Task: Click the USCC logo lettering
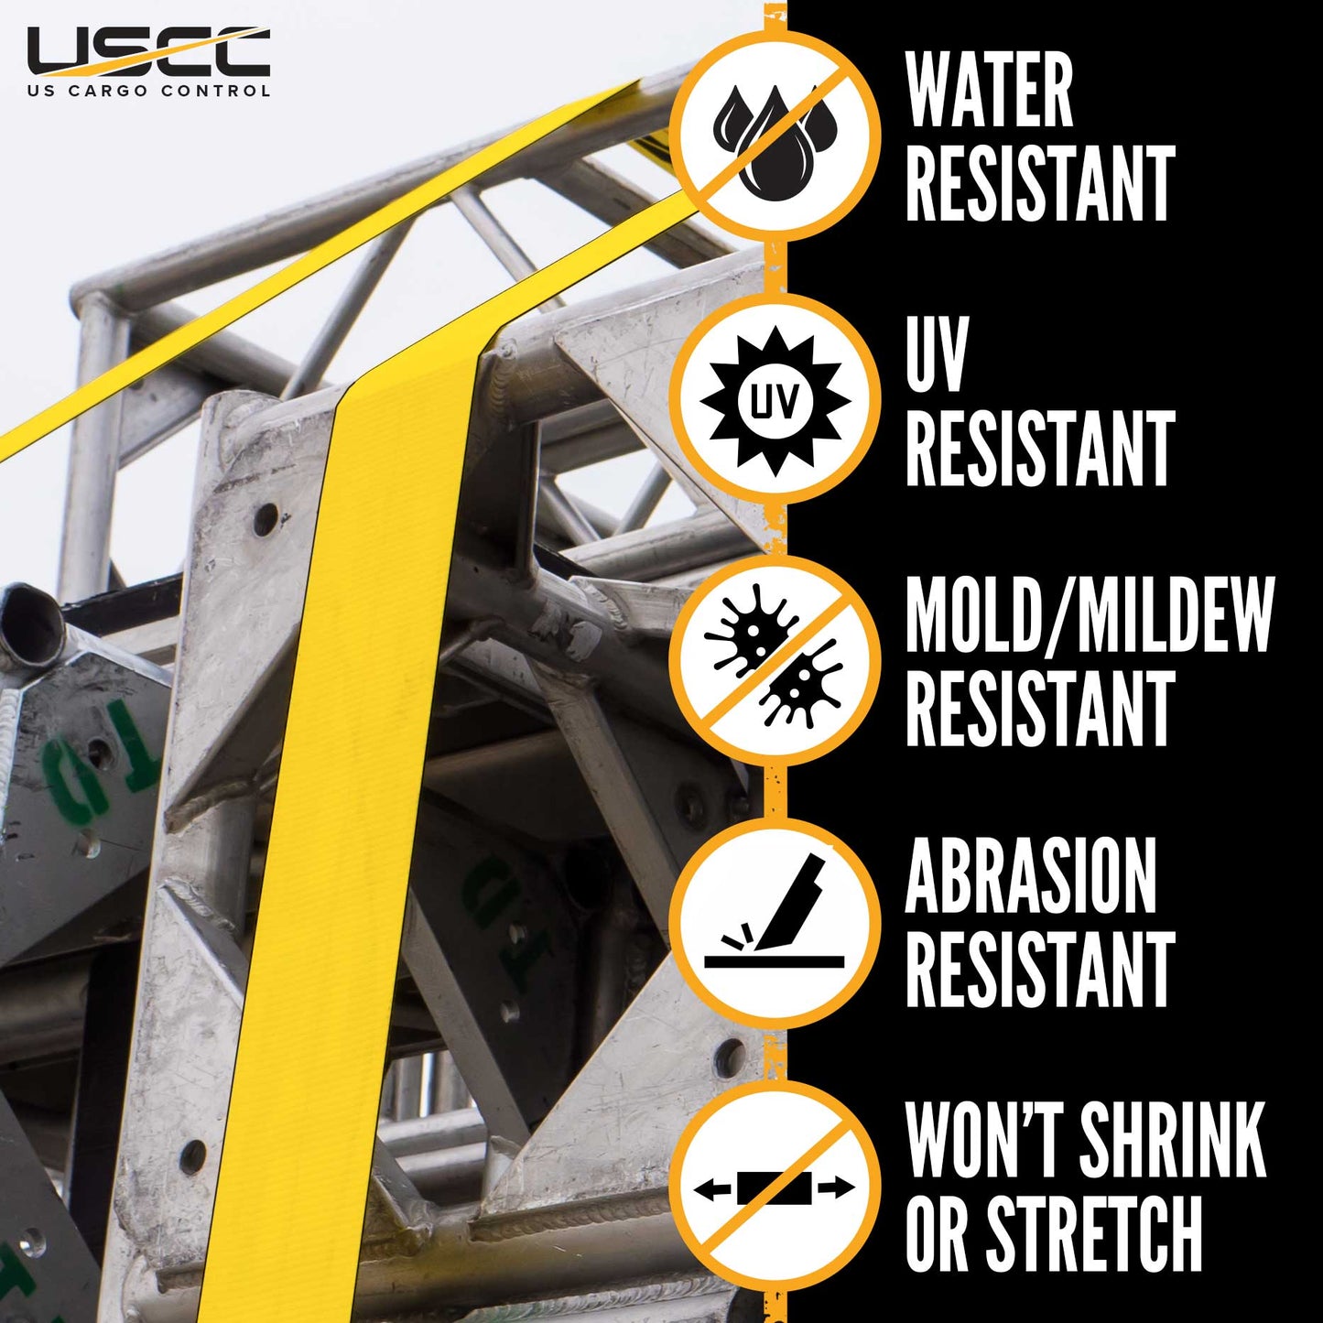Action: click(x=148, y=52)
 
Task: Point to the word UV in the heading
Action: click(x=937, y=354)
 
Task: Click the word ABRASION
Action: click(x=1031, y=875)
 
